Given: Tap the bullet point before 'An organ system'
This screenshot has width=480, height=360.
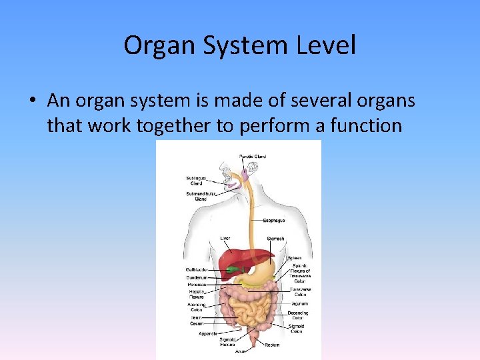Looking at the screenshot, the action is click(33, 101).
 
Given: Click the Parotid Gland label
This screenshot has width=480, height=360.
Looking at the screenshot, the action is click(253, 157).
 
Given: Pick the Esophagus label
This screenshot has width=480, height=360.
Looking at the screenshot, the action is click(274, 220).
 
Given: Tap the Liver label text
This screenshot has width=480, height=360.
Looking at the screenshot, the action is click(225, 238).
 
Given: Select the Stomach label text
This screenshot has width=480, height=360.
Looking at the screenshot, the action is click(275, 238).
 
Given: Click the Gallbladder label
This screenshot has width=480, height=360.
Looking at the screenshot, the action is click(197, 269).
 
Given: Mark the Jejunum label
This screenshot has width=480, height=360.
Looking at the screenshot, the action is click(299, 303).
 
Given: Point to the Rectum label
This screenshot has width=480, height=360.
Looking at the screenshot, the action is click(271, 345).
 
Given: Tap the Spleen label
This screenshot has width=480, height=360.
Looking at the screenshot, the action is click(294, 258).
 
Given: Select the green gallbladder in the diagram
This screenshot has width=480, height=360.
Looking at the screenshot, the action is click(232, 270).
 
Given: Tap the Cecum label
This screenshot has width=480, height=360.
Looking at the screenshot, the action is click(196, 323).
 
